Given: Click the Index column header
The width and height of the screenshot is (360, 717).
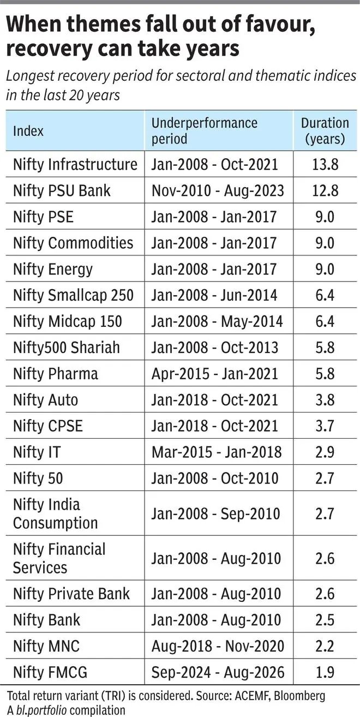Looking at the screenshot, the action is click(28, 131).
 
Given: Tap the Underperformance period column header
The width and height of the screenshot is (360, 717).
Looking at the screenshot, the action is click(204, 131).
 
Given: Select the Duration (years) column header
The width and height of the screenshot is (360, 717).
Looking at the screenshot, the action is click(325, 131).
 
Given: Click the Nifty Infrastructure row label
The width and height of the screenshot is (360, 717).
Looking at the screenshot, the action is click(75, 165).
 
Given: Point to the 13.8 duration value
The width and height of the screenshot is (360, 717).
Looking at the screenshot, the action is click(325, 165).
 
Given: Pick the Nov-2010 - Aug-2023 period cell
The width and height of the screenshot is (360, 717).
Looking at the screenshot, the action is click(218, 191).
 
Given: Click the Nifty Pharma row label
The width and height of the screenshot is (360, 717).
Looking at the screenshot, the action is click(55, 374).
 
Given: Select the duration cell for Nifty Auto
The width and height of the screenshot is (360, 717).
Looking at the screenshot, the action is click(325, 400).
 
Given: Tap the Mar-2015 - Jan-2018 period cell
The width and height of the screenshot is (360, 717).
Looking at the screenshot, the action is click(217, 452).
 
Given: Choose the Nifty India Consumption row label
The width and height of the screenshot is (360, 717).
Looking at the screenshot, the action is click(55, 513).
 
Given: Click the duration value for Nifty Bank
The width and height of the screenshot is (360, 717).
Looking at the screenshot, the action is click(325, 620).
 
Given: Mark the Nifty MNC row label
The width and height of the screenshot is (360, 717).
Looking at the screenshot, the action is click(46, 646).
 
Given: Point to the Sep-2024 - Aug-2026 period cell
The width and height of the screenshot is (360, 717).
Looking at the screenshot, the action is click(218, 672).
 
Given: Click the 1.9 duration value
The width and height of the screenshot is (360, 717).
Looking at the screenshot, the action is click(325, 672).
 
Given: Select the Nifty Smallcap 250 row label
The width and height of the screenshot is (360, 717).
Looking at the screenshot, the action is click(73, 295).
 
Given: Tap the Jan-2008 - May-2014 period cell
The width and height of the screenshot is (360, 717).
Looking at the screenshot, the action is click(217, 321).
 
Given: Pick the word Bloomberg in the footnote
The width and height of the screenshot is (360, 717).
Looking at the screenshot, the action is click(299, 696).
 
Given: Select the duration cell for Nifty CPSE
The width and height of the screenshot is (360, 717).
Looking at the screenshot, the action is click(325, 426).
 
